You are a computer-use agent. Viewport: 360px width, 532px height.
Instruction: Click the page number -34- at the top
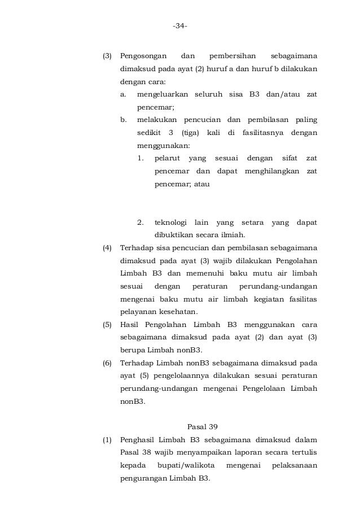tap(180, 26)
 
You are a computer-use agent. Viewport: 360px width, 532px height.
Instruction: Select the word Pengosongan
tap(143, 56)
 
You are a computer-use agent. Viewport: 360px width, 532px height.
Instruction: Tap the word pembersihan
tap(232, 56)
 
